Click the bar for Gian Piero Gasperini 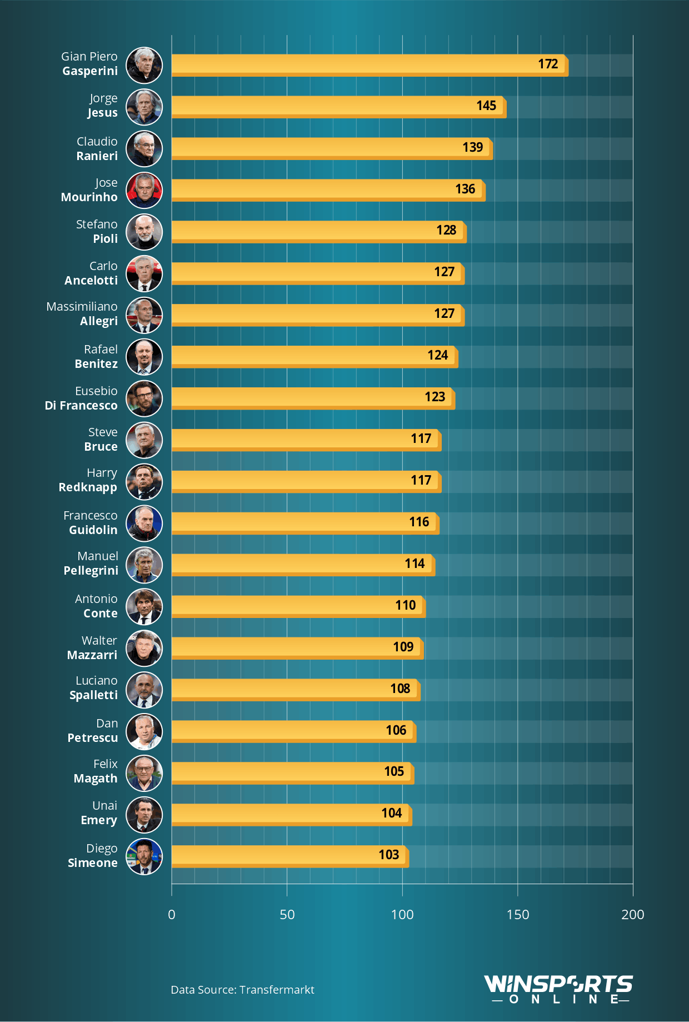coord(370,65)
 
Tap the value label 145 coord(486,106)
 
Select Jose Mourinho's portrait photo coord(144,190)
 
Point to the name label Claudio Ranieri coord(97,148)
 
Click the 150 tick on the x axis coord(517,914)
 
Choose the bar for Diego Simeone coord(290,856)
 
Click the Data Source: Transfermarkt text coord(242,990)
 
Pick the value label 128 coord(446,230)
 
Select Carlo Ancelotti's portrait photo coord(144,273)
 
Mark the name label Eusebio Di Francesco coord(81,398)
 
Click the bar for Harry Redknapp coord(306,481)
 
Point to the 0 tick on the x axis coord(172,914)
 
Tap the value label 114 coord(415,564)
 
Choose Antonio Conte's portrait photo coord(144,606)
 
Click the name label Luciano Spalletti coord(94,688)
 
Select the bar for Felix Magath coord(292,772)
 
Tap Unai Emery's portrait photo coord(144,815)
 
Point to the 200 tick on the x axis coord(632,914)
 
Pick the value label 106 coord(396,730)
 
